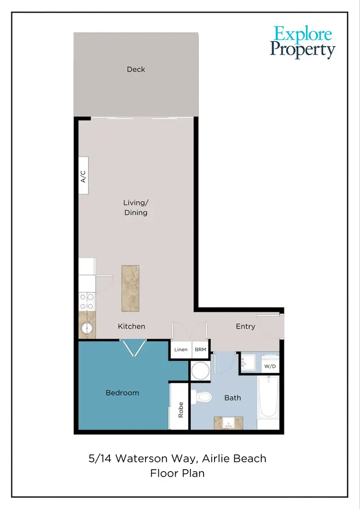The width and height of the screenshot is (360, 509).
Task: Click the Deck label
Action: pos(136,70)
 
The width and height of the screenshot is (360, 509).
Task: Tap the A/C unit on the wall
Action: pos(84,176)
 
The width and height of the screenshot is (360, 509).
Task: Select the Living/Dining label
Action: pos(135,208)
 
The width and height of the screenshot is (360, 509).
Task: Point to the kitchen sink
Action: pos(86,328)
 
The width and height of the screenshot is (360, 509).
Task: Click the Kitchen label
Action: pos(132,326)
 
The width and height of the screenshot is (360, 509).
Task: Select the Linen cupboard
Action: pos(181,350)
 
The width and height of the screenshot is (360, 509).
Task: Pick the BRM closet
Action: pos(200,350)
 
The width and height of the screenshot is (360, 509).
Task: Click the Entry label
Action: pos(245,326)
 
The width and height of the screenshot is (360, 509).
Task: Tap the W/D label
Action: pos(270,367)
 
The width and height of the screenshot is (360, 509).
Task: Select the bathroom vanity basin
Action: pos(228,423)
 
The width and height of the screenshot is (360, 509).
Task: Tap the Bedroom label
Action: pos(122,393)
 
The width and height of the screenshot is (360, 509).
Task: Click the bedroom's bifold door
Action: pos(133,347)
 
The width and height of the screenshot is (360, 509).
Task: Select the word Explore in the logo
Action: pos(303,35)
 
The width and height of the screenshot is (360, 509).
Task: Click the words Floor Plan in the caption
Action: pos(177,473)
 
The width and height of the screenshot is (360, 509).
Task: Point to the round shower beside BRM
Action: pos(200,370)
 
